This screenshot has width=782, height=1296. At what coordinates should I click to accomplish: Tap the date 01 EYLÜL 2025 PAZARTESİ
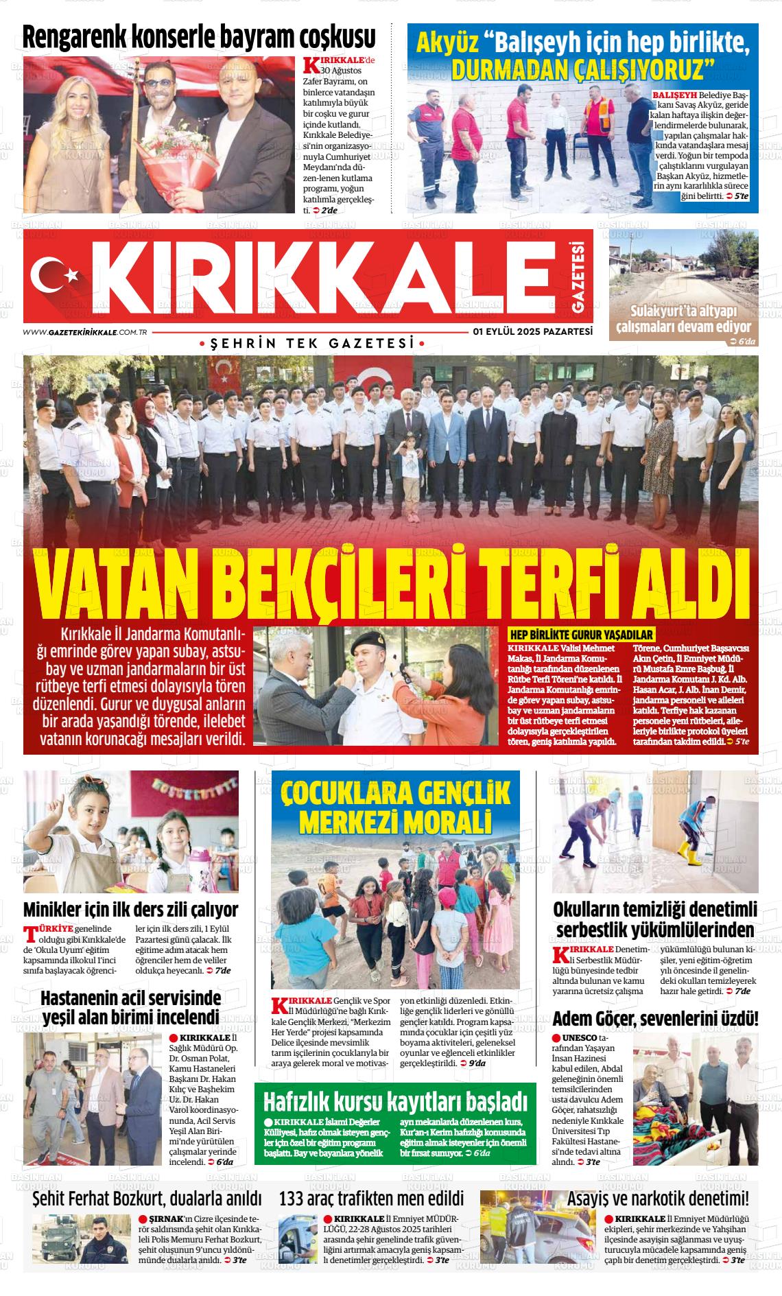[532, 331]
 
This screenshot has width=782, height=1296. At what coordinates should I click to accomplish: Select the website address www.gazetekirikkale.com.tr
[86, 332]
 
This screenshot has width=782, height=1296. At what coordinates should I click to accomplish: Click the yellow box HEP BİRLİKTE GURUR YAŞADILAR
[580, 635]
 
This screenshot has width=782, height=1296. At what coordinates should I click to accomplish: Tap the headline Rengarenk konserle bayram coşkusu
[199, 37]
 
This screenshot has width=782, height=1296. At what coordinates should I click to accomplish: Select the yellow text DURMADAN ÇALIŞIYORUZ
[582, 69]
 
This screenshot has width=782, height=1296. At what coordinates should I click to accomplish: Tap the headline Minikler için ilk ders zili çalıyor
[131, 910]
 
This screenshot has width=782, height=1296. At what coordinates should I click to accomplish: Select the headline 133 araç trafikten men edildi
[371, 1199]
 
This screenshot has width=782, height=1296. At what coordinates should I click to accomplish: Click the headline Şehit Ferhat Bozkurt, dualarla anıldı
[147, 1199]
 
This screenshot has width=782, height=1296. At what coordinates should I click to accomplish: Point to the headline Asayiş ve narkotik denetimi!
[658, 1199]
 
